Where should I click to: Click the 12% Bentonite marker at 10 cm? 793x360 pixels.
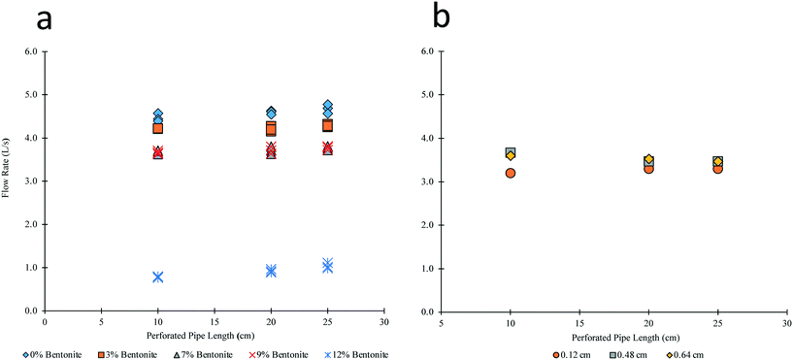point(157,277)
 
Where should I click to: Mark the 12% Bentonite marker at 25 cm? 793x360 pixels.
point(327,265)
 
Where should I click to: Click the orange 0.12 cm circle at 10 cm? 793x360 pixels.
point(511,173)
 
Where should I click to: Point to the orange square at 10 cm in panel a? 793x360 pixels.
point(157,128)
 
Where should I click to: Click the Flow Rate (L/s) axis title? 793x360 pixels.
point(7,180)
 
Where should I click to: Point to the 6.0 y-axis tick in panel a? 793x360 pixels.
point(30,51)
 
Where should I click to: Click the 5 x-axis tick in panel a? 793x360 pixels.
point(101,320)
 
